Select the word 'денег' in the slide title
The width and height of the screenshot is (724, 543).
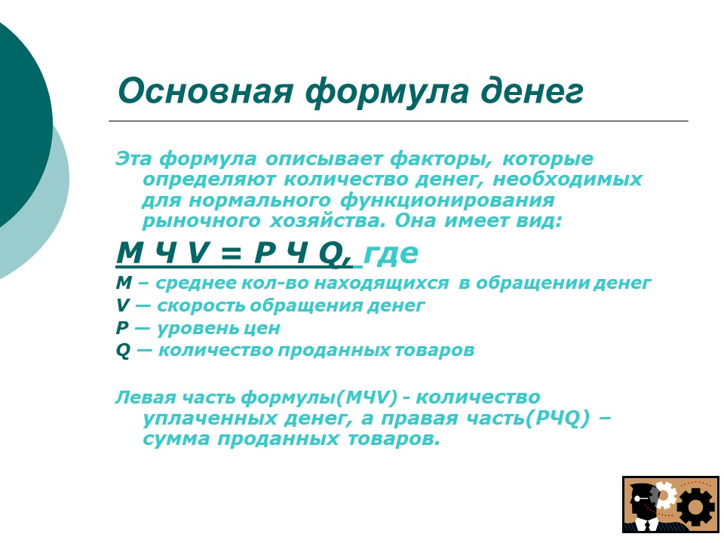538,91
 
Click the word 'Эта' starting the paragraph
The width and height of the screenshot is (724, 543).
133,159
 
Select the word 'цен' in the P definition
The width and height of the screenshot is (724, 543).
265,328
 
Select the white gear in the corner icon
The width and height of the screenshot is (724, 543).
664,494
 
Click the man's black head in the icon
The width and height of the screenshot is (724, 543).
642,498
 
